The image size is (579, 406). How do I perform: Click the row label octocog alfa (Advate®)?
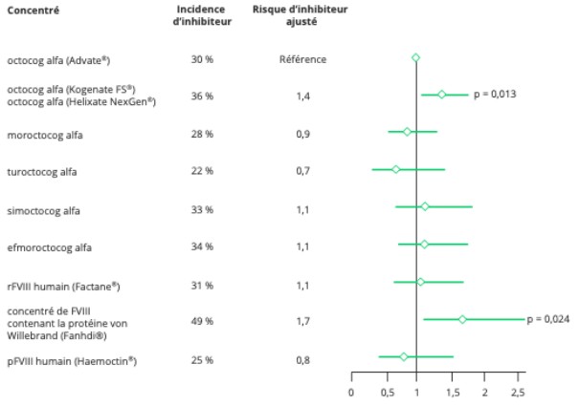pyautogui.click(x=58, y=60)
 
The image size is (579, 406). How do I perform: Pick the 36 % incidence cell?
pyautogui.click(x=201, y=96)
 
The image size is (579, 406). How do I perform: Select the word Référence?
pyautogui.click(x=302, y=59)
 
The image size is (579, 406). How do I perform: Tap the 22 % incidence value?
pyautogui.click(x=201, y=171)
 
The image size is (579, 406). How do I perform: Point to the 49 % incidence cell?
pyautogui.click(x=201, y=321)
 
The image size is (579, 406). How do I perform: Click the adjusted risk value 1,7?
pyautogui.click(x=302, y=321)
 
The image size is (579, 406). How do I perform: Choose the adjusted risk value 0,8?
pyautogui.click(x=302, y=360)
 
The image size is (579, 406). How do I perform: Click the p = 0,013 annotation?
pyautogui.click(x=496, y=95)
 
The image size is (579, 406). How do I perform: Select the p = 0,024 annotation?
pyautogui.click(x=548, y=319)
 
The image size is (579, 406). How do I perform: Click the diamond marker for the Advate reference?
pyautogui.click(x=415, y=57)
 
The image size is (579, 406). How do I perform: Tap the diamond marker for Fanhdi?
pyautogui.click(x=463, y=319)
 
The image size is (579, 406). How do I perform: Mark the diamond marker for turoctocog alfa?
pyautogui.click(x=396, y=169)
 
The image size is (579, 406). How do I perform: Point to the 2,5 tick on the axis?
pyautogui.click(x=519, y=393)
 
